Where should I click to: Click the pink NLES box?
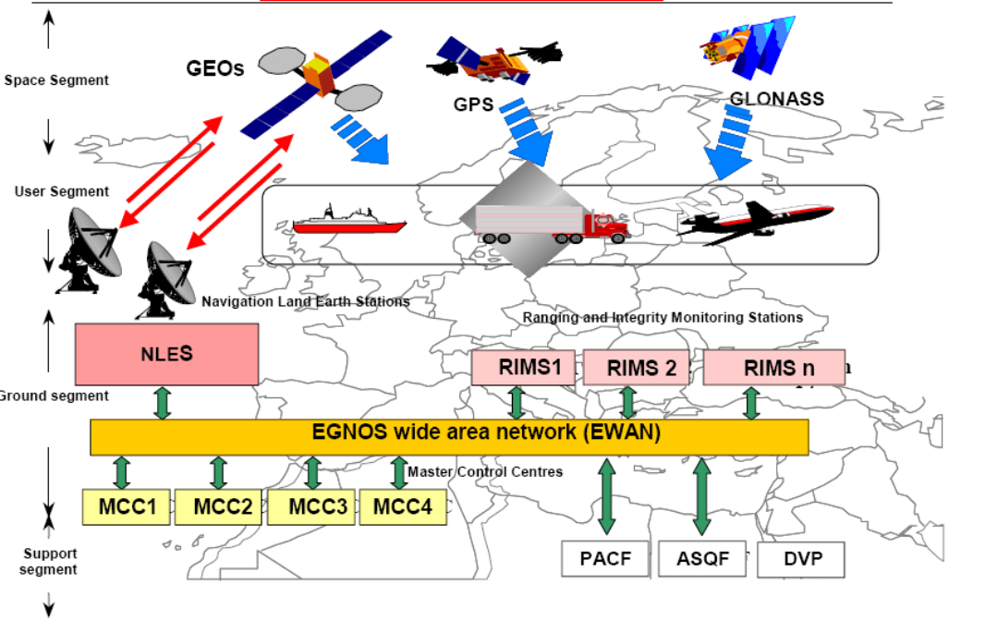click(x=166, y=353)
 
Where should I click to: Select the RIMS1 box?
click(x=523, y=368)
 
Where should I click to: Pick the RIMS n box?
click(x=774, y=368)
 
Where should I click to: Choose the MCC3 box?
click(x=312, y=507)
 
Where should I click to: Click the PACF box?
click(x=606, y=559)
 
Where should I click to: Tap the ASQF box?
click(x=702, y=559)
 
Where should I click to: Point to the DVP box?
click(x=800, y=559)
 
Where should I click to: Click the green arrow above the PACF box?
click(x=607, y=497)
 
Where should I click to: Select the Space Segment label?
click(x=56, y=80)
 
